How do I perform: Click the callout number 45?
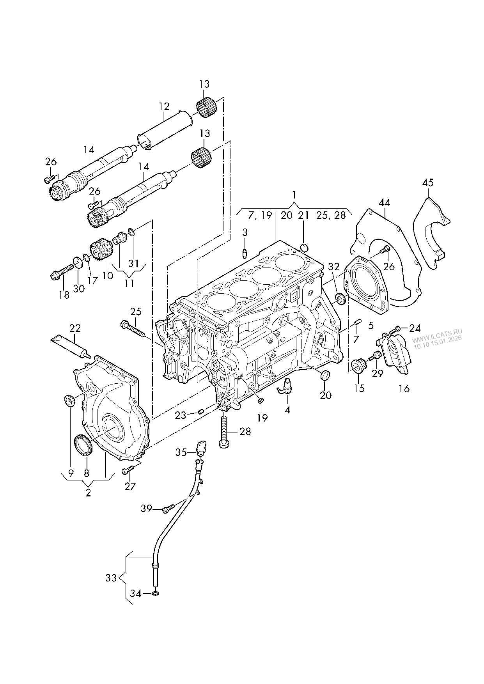[x=427, y=183]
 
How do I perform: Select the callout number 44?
[x=384, y=202]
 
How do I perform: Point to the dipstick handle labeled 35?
[x=202, y=448]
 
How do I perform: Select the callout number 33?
[x=111, y=578]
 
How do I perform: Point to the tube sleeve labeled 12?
[x=164, y=129]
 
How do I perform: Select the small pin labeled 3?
[x=245, y=253]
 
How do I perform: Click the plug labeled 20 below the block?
[x=324, y=376]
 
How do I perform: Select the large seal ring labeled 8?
[x=83, y=445]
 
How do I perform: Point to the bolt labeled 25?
[x=133, y=329]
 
